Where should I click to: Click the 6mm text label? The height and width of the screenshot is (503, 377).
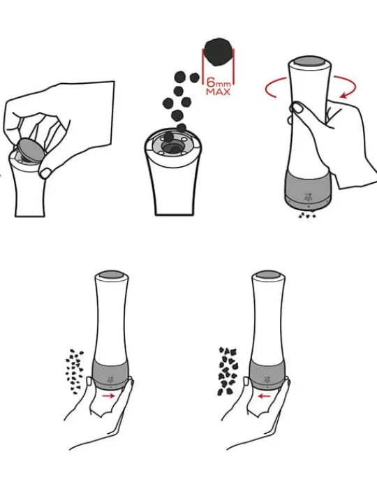[x=219, y=82]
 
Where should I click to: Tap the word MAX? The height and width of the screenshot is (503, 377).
[x=219, y=92]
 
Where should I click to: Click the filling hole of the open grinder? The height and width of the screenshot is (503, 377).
[x=172, y=147]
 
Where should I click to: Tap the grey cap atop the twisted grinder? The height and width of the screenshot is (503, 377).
[x=309, y=61]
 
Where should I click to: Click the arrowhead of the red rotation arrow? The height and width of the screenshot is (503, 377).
[x=345, y=94]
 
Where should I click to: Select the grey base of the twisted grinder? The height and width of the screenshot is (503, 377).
[x=308, y=189]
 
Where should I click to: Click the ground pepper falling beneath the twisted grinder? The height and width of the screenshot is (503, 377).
[x=307, y=215]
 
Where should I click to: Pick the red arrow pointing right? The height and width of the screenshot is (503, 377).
[x=108, y=396]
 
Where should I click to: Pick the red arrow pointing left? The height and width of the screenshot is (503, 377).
[x=265, y=396]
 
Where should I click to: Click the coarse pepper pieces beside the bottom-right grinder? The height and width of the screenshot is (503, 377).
[x=228, y=371]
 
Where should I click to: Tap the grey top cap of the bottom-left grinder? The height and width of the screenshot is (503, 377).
[x=111, y=275]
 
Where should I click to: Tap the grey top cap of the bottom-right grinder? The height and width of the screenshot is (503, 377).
[x=267, y=275]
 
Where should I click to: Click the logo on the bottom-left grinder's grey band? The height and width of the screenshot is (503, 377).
[x=110, y=379]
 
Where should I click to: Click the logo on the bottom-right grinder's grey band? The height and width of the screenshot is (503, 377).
[x=267, y=379]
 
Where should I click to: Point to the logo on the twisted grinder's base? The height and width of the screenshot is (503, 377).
[x=308, y=196]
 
